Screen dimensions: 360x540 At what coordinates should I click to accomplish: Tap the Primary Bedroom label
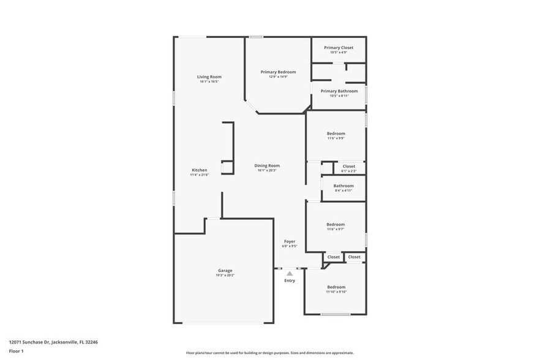point(277,72)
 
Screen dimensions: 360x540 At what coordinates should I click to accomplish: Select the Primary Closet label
point(339,47)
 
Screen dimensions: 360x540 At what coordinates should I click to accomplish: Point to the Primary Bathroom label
point(339,91)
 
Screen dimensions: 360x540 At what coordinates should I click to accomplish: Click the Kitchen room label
point(200,170)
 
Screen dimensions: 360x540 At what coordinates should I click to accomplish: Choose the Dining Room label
point(267,165)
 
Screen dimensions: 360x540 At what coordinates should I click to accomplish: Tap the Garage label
point(225,270)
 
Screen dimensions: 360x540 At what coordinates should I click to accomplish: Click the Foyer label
point(290,241)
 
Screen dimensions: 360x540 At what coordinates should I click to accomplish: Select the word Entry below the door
point(290,280)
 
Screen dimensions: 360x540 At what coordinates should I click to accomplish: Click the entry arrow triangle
point(290,273)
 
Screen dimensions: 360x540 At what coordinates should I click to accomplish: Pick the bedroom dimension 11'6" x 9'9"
point(336,139)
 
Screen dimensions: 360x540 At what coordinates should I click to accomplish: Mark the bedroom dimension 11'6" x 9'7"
point(336,230)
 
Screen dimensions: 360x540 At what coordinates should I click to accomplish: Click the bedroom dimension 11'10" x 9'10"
point(336,292)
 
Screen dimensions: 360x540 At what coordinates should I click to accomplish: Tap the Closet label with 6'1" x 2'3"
point(348,166)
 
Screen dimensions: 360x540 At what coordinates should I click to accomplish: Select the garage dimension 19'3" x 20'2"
point(225,276)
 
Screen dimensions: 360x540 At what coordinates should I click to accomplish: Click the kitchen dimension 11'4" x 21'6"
point(200,175)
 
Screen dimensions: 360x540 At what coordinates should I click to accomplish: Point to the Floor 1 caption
point(16,351)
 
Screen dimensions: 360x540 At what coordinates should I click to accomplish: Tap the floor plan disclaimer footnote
point(269,353)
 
